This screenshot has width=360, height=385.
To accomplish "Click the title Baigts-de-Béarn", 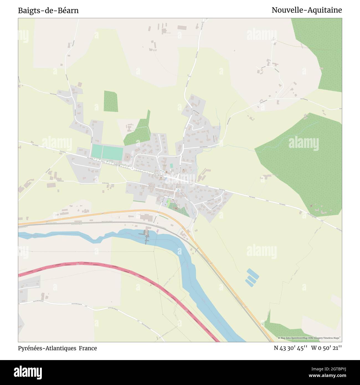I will point(48,11).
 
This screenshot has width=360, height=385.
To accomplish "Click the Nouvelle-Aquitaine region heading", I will point(307,10).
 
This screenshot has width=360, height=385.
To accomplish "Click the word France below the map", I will point(88,348).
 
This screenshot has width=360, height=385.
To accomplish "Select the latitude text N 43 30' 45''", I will point(290,348).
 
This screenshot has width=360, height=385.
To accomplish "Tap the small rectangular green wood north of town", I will point(111,101).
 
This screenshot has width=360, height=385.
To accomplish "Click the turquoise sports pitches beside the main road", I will point(107,152).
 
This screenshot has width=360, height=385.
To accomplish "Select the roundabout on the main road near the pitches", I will point(132,168).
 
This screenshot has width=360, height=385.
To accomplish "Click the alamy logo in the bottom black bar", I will point(28,372).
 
